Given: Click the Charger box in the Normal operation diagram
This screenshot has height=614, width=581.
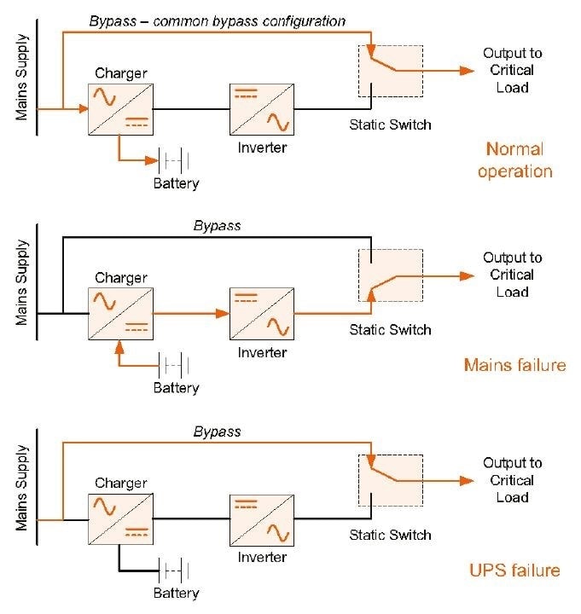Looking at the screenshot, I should pyautogui.click(x=119, y=108).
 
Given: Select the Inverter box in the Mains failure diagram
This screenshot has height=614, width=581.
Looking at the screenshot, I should pyautogui.click(x=262, y=313).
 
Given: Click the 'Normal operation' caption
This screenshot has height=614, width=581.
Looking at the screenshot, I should pyautogui.click(x=514, y=160).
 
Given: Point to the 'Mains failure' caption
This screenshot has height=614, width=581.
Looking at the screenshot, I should pyautogui.click(x=514, y=365).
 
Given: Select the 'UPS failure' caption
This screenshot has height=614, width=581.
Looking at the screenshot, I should pyautogui.click(x=514, y=570).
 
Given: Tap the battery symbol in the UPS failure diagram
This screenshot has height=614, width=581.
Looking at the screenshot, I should pyautogui.click(x=173, y=569).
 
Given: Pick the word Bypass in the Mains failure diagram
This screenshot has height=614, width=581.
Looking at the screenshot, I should pyautogui.click(x=217, y=226).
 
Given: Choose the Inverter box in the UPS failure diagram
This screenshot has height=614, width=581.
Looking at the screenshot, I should pyautogui.click(x=262, y=519).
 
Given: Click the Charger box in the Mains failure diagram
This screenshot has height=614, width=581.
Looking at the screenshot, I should pyautogui.click(x=119, y=313).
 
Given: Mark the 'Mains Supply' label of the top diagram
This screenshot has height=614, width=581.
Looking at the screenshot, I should pyautogui.click(x=23, y=76).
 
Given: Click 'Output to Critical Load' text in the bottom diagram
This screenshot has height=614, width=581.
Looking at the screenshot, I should pyautogui.click(x=512, y=480).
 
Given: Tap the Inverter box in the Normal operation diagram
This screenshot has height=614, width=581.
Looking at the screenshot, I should pyautogui.click(x=262, y=108).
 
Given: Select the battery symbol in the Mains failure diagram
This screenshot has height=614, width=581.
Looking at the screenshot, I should pyautogui.click(x=173, y=364).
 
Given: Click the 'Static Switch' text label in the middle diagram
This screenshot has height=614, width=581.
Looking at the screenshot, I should pyautogui.click(x=390, y=330).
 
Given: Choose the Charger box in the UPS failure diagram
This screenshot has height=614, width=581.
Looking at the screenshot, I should pyautogui.click(x=119, y=519).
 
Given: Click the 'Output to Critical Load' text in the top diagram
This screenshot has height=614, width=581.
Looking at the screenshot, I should pyautogui.click(x=512, y=70).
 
